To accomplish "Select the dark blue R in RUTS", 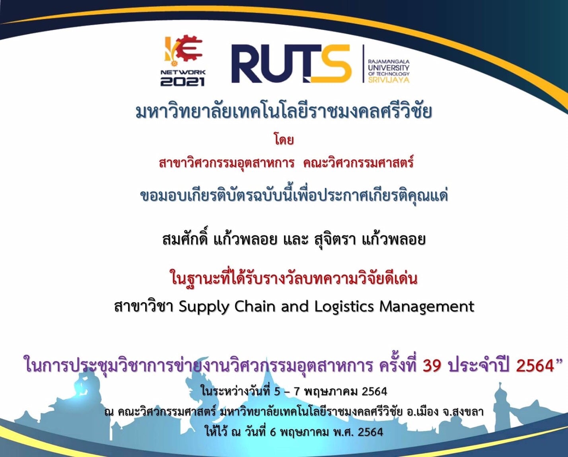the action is pos(248,64).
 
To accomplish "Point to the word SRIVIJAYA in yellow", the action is pos(389,80).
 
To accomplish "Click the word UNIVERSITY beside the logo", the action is pos(389,68).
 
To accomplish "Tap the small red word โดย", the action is pos(284,139).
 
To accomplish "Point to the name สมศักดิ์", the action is pos(185,239).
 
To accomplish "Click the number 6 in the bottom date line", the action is pos(272,432).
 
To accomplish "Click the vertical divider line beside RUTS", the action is pos(364,63).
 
